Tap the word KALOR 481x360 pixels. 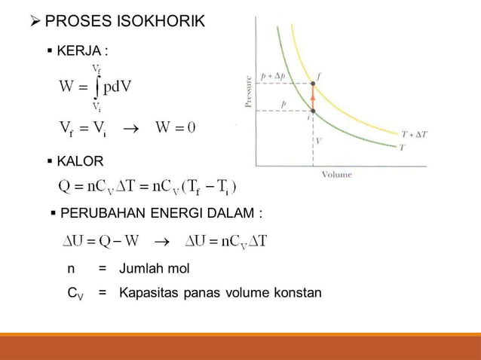tap(81, 161)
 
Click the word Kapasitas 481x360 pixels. tap(149, 292)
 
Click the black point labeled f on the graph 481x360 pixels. tap(313, 84)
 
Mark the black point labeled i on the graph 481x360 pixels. tap(313, 111)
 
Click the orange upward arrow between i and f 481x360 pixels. tap(313, 98)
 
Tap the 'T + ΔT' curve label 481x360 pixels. tap(415, 134)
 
